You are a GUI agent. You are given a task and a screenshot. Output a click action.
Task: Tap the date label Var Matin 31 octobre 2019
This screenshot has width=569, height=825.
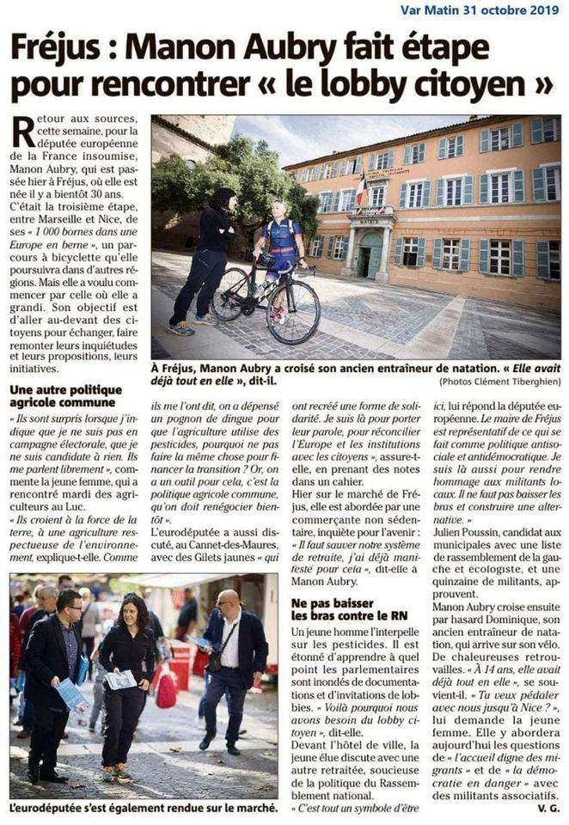pyautogui.click(x=480, y=10)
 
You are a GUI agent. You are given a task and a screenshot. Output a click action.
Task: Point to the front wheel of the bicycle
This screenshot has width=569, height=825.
pyautogui.click(x=293, y=310)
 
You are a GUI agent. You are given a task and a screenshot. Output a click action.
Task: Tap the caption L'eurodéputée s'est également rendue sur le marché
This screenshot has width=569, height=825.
pyautogui.click(x=144, y=807)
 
